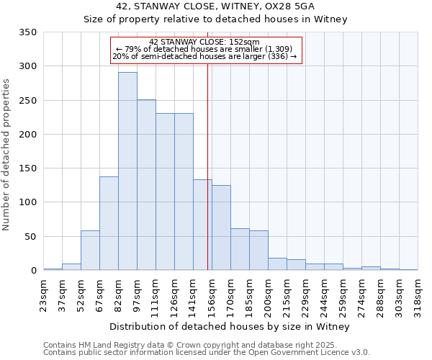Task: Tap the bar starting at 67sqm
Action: point(109,223)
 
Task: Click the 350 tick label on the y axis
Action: point(27,32)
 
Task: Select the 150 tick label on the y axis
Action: point(27,168)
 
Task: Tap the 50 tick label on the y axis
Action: point(30,236)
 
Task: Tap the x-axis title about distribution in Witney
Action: point(230,326)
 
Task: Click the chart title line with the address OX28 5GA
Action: point(230,6)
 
